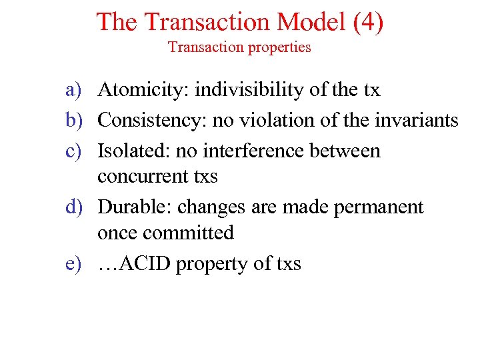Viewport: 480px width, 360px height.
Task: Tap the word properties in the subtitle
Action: pos(279,47)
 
